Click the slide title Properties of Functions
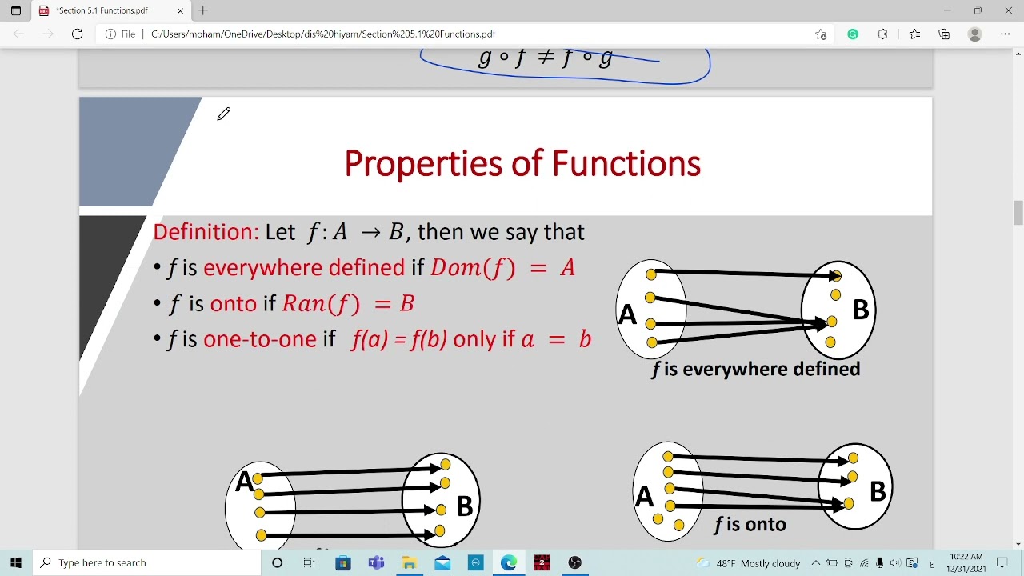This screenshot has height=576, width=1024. [x=522, y=164]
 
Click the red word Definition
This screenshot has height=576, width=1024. [x=206, y=232]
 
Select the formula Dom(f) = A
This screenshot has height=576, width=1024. [x=502, y=267]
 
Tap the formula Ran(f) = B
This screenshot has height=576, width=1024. [x=348, y=303]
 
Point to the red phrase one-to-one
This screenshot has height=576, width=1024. [x=260, y=339]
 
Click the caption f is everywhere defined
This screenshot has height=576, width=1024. [x=756, y=369]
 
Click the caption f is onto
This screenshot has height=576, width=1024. [x=750, y=525]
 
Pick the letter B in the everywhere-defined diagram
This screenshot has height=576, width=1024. [x=860, y=310]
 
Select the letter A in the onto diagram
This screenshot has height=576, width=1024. [x=644, y=497]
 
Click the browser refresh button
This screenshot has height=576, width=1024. [x=77, y=34]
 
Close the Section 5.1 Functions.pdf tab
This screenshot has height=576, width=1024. [x=180, y=10]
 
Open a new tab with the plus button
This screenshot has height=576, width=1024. [x=203, y=10]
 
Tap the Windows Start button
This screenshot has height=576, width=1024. [x=16, y=562]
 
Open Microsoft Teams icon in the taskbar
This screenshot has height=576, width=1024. [x=376, y=562]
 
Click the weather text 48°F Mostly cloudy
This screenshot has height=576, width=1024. [x=758, y=563]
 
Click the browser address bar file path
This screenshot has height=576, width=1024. [x=323, y=34]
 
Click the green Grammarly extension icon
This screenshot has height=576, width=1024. [x=853, y=34]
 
